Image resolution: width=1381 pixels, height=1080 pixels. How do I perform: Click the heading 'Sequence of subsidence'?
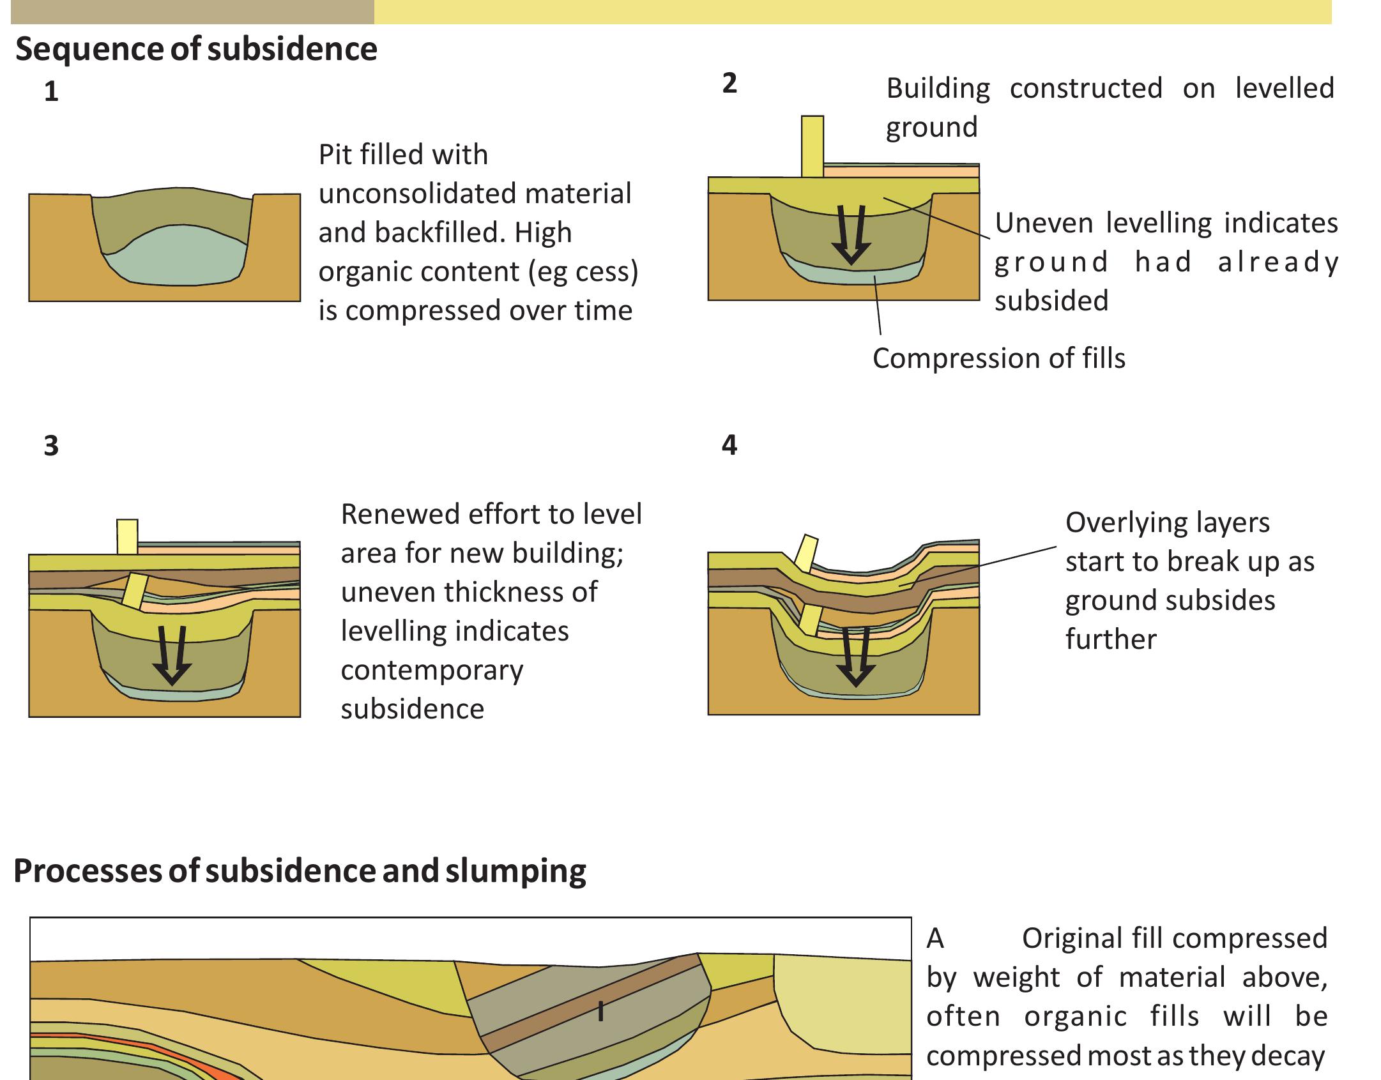click(x=196, y=49)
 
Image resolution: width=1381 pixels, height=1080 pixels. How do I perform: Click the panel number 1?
click(x=51, y=93)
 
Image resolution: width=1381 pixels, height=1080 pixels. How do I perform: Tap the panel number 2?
click(x=729, y=84)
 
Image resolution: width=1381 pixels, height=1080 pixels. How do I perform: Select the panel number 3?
click(x=51, y=446)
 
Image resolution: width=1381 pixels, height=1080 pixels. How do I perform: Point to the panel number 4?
click(x=729, y=445)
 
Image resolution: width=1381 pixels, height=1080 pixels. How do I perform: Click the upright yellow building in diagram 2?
click(x=813, y=146)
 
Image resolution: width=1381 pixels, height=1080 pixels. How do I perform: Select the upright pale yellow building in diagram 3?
click(x=127, y=537)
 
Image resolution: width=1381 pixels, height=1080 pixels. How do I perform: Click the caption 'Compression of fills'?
click(x=998, y=358)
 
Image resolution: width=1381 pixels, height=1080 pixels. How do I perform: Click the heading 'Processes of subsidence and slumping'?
click(x=300, y=871)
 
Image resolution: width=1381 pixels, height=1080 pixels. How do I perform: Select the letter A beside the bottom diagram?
click(x=935, y=939)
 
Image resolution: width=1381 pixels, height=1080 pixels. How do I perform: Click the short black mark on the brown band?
click(x=600, y=1011)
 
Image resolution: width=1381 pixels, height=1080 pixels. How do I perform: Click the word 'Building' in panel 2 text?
click(x=938, y=88)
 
